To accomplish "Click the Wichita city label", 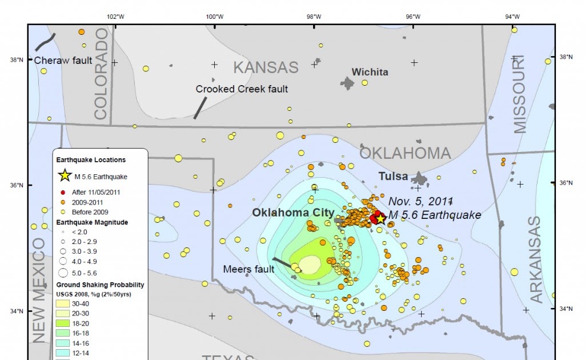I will tap(370, 72).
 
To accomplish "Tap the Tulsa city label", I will tap(394, 177).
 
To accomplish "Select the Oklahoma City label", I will tap(293, 213).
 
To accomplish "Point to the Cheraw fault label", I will tap(63, 60).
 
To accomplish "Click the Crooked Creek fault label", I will tap(242, 89).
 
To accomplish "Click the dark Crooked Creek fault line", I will tap(199, 107).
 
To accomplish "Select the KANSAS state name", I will tap(266, 67).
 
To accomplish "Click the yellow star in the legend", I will tap(65, 175).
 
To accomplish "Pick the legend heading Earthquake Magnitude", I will tap(91, 222).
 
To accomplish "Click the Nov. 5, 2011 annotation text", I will tap(420, 201).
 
